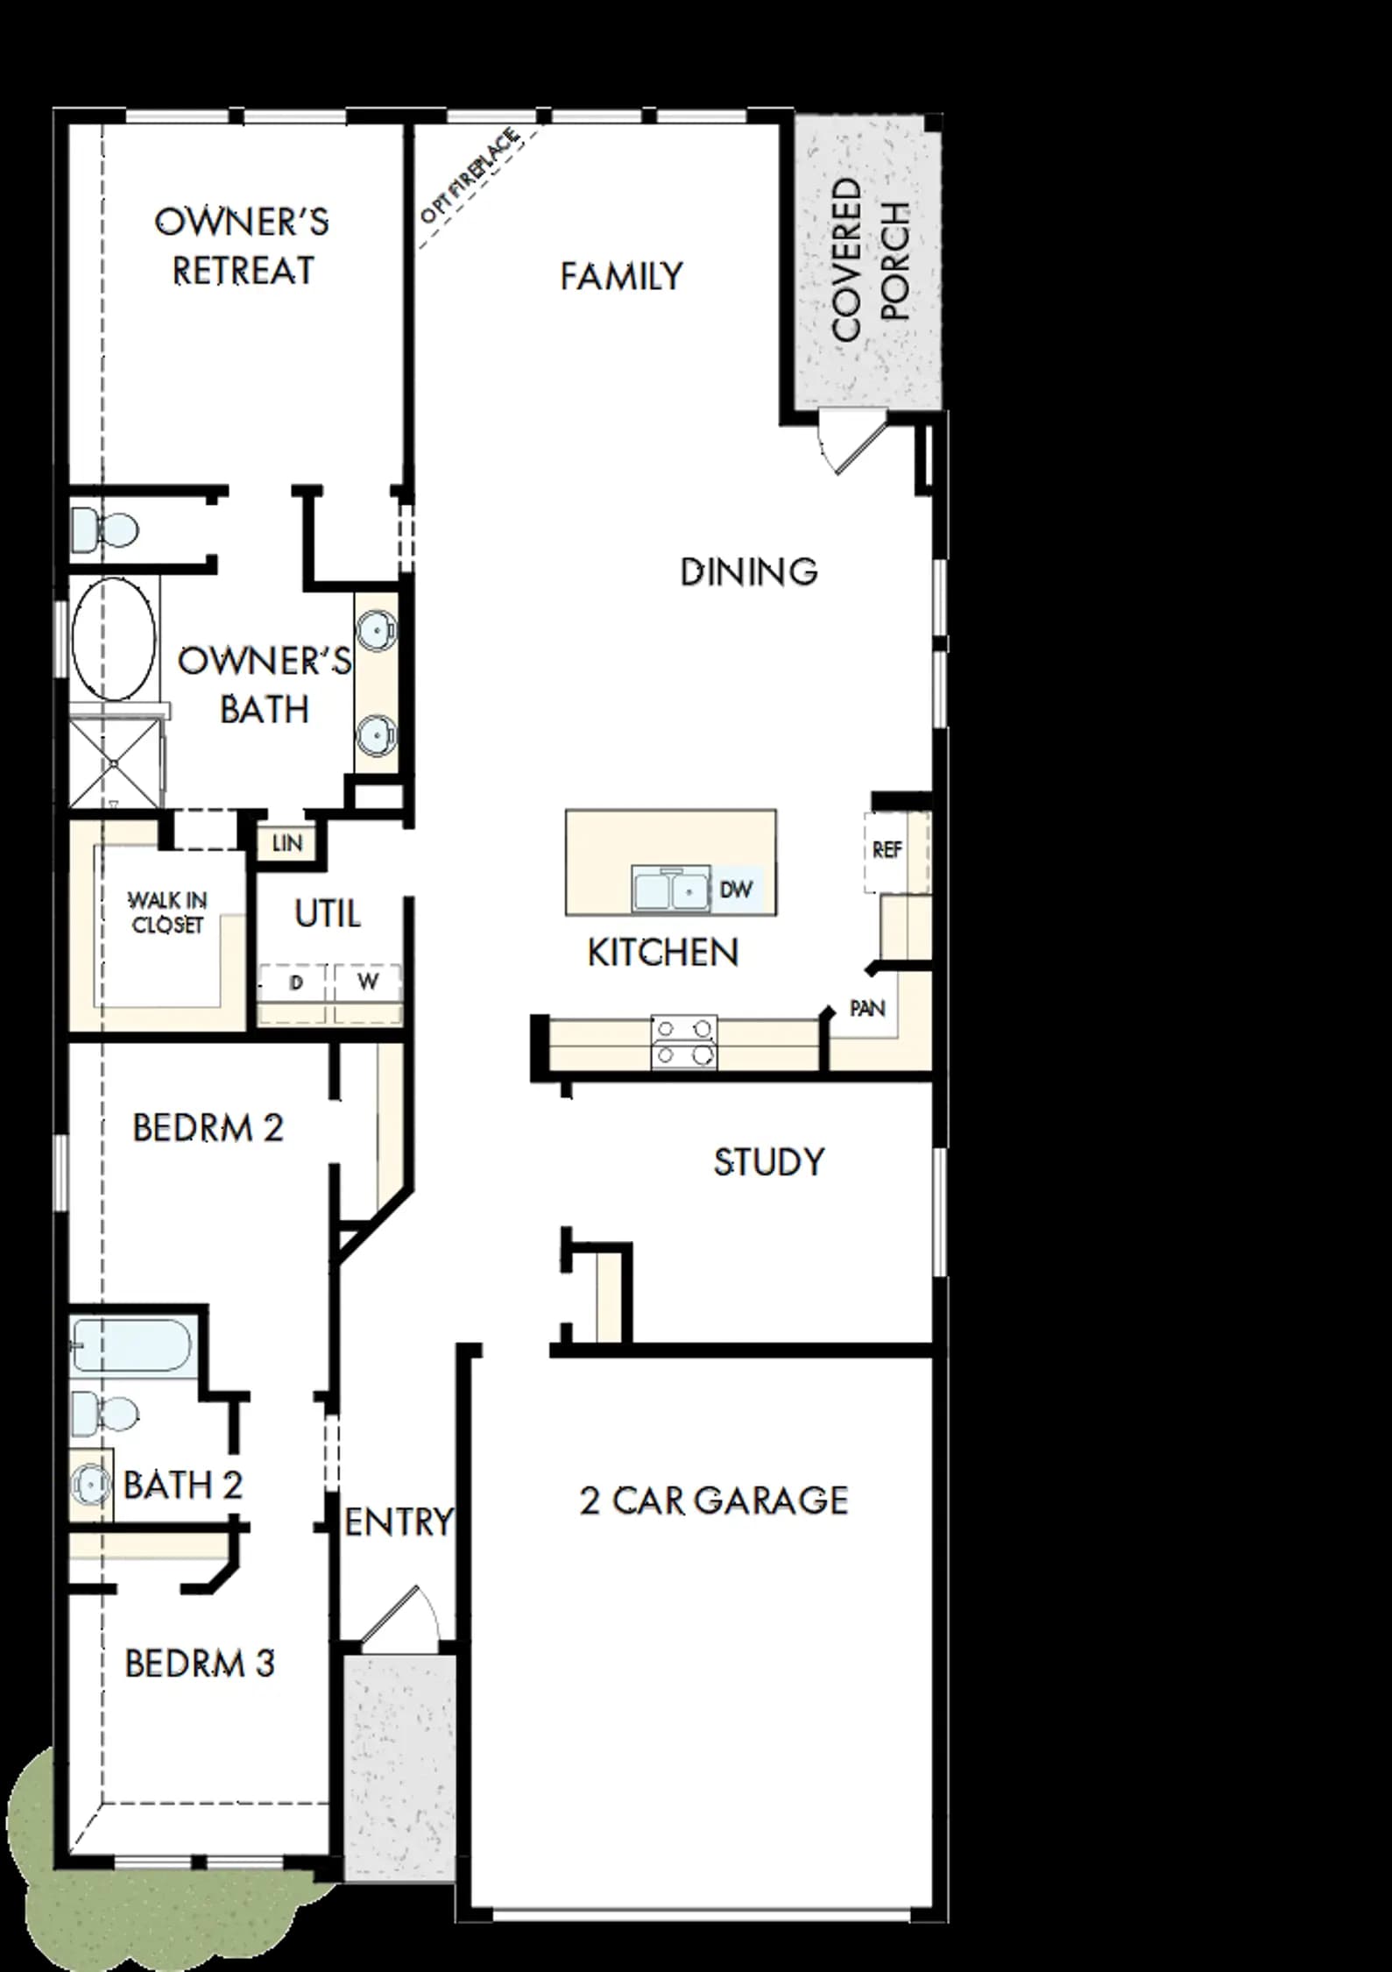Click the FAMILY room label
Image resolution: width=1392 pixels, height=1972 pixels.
click(621, 276)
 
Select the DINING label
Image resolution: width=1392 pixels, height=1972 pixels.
click(749, 571)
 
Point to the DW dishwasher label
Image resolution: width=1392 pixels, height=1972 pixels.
click(736, 890)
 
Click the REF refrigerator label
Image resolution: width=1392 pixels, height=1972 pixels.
click(887, 850)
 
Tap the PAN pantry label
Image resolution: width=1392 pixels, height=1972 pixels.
click(867, 1009)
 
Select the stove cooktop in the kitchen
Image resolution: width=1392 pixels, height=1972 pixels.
click(683, 1042)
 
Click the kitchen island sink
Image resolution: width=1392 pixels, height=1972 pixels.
click(670, 890)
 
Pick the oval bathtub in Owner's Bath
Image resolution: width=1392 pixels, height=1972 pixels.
click(113, 638)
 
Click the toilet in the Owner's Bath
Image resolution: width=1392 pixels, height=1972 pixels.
click(104, 530)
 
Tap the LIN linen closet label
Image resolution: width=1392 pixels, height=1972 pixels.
click(287, 843)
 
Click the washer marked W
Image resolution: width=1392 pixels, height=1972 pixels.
click(367, 982)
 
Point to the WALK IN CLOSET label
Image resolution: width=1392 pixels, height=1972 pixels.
click(167, 912)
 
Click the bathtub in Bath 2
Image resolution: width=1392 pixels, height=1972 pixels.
click(131, 1345)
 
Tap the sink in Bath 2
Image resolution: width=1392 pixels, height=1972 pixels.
click(90, 1484)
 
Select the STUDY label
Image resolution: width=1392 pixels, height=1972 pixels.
click(769, 1162)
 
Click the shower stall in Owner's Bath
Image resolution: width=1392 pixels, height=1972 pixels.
click(116, 762)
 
